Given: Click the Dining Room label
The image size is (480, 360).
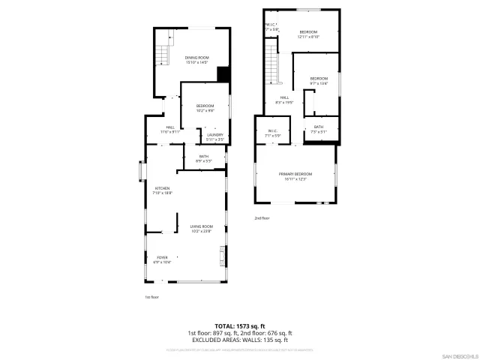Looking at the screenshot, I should [197, 59].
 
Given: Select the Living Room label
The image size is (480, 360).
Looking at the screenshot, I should [201, 228].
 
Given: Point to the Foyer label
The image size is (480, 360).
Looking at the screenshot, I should [162, 259].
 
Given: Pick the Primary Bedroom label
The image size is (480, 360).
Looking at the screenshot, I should [298, 175].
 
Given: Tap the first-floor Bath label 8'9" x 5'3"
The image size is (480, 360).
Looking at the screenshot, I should [204, 158].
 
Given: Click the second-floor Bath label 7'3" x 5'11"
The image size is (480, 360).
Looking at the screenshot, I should [319, 129].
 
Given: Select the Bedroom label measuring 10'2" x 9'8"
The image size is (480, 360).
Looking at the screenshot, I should [205, 107].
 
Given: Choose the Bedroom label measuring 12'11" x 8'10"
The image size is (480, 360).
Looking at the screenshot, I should [308, 34].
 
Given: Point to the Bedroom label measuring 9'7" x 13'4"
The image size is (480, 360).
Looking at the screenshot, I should [319, 80].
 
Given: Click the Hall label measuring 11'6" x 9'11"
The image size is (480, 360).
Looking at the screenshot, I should [170, 129].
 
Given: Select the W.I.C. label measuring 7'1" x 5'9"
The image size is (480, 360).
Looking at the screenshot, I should [273, 133].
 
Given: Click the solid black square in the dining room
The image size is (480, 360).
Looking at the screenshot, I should [223, 73].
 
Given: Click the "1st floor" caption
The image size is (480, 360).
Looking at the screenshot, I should [152, 297].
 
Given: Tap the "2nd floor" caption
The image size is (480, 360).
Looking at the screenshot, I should [262, 218].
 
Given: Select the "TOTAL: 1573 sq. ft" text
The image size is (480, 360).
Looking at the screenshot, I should [239, 325].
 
